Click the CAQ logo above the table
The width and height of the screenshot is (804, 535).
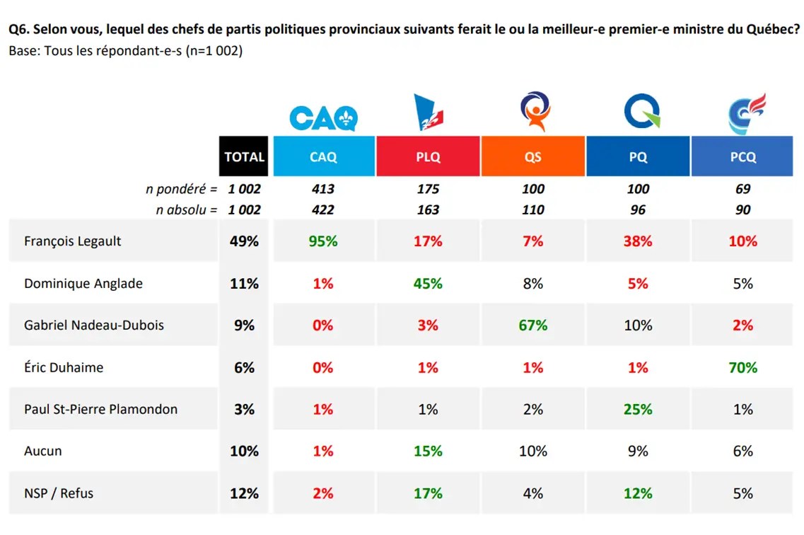pyautogui.click(x=323, y=117)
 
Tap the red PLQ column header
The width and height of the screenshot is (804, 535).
pyautogui.click(x=428, y=157)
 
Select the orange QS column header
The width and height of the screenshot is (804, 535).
pyautogui.click(x=533, y=157)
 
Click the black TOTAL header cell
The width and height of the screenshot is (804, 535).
pyautogui.click(x=244, y=157)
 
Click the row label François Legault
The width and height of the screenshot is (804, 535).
pyautogui.click(x=73, y=241)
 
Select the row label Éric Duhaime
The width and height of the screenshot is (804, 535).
pyautogui.click(x=63, y=367)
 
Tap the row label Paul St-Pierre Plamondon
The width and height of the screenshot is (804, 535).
pyautogui.click(x=101, y=409)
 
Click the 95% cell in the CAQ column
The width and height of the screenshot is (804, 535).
pyautogui.click(x=323, y=241)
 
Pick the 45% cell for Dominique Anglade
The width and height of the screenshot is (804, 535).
pyautogui.click(x=428, y=284)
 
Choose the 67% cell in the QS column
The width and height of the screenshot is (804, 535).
pyautogui.click(x=533, y=326)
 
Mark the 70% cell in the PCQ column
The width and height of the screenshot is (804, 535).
pyautogui.click(x=742, y=367)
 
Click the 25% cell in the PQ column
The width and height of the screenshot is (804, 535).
pyautogui.click(x=638, y=409)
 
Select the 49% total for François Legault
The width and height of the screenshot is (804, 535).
pyautogui.click(x=244, y=241)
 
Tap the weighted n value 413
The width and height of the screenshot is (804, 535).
pyautogui.click(x=323, y=189)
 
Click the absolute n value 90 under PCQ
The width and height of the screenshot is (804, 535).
pyautogui.click(x=742, y=209)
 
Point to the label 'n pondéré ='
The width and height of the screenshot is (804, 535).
pyautogui.click(x=181, y=189)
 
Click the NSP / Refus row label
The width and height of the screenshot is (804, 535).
pyautogui.click(x=59, y=493)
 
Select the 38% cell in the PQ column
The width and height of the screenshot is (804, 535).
pyautogui.click(x=638, y=241)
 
